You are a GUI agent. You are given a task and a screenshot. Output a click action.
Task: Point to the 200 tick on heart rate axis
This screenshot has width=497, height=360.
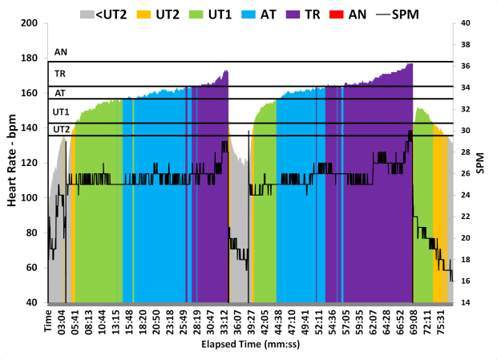point(30,22)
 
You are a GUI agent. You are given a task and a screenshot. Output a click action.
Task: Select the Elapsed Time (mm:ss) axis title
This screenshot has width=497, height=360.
point(250,347)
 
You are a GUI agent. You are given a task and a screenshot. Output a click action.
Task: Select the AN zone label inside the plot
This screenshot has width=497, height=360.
point(61,52)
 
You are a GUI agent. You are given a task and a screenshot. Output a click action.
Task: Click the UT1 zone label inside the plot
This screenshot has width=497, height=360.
point(62,112)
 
